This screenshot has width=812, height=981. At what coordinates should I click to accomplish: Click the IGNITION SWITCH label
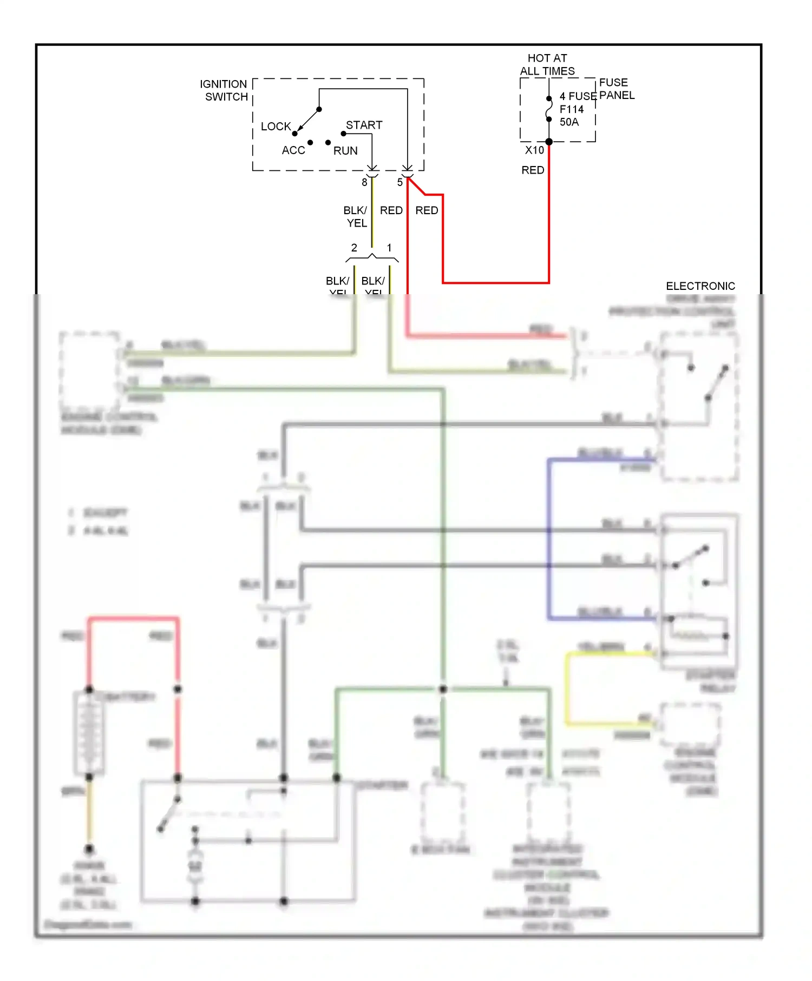[224, 90]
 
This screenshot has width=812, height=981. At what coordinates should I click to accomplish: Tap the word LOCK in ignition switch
[276, 127]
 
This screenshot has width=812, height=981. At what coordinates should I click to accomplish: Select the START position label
[364, 125]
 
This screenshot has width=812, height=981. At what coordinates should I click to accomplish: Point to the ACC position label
[293, 150]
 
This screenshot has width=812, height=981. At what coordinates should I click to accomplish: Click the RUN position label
[345, 151]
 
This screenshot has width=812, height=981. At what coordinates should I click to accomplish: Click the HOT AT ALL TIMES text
[547, 64]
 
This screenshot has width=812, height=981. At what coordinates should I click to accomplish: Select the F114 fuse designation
[571, 109]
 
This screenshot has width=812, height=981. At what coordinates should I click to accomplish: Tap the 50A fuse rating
[569, 122]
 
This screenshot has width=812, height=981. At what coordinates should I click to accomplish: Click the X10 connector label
[534, 150]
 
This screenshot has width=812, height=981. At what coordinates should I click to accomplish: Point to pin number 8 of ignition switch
[364, 183]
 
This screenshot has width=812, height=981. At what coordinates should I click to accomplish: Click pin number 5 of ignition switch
[400, 183]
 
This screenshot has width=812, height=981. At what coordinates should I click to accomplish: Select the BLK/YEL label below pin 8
[356, 216]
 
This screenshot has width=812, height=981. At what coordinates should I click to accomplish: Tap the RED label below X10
[533, 170]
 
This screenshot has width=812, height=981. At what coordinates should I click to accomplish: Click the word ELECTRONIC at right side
[700, 286]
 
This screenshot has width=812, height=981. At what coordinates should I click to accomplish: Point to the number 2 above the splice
[354, 248]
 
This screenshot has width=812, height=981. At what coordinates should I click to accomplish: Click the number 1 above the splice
[389, 248]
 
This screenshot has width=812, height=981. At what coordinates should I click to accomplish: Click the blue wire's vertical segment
[549, 541]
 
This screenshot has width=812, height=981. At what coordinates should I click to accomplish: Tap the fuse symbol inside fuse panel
[549, 109]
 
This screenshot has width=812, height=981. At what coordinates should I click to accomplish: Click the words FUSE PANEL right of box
[617, 89]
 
